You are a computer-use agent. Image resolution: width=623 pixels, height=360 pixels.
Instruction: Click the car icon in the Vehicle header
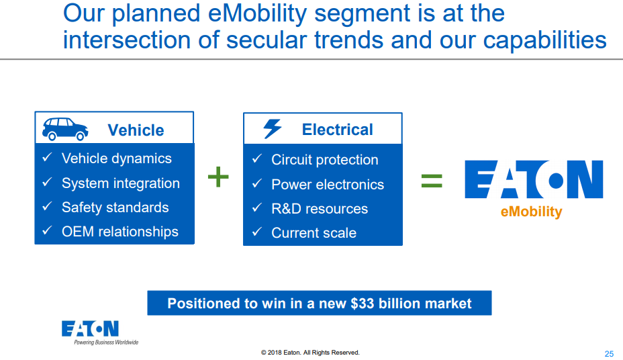tap(65, 128)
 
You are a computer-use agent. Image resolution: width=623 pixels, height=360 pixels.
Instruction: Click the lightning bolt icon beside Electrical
tap(273, 128)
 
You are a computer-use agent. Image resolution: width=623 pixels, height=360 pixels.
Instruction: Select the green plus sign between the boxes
tap(218, 178)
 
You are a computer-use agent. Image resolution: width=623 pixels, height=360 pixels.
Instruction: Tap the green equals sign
tap(432, 179)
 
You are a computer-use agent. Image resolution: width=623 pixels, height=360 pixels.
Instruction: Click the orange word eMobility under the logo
tap(531, 212)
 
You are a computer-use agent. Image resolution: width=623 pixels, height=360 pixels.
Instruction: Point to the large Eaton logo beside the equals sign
tap(534, 179)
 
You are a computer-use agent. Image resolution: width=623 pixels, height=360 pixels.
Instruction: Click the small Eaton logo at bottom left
tap(90, 328)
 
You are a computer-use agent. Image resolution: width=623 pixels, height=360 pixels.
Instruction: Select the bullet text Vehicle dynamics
tap(116, 159)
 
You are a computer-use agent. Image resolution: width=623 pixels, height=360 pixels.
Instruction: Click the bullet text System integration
tap(120, 183)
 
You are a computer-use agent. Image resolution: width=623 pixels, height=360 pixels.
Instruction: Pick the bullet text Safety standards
tap(115, 208)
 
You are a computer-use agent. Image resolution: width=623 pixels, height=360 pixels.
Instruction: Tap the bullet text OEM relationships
tap(119, 232)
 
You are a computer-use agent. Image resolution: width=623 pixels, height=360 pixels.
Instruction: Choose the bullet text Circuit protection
tap(324, 160)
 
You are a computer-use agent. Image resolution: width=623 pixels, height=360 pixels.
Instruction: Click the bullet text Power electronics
tap(327, 185)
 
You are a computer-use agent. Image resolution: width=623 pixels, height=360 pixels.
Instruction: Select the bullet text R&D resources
tap(319, 209)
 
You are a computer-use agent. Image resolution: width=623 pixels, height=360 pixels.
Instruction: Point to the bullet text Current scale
tap(314, 233)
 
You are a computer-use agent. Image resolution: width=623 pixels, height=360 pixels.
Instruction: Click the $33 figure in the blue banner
tap(363, 304)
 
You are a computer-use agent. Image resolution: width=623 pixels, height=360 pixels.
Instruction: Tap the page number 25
tap(609, 354)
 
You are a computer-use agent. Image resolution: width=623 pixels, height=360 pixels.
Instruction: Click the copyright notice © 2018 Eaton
tap(310, 353)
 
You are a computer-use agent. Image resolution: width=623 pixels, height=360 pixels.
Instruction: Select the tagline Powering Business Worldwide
tap(106, 343)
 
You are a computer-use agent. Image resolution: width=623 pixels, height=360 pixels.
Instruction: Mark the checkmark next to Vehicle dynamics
tap(47, 158)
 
